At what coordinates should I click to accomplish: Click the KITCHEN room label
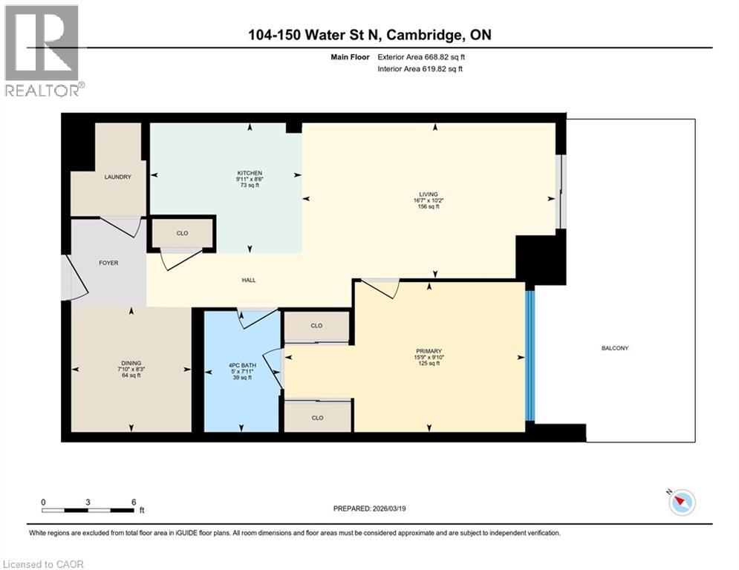point(250,173)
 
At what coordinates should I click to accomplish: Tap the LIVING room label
point(428,194)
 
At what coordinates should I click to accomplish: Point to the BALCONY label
point(616,347)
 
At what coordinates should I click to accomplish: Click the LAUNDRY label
point(117,177)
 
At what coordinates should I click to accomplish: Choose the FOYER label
point(108,263)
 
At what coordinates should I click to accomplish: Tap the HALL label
point(249,280)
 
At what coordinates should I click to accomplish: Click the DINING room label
point(131,362)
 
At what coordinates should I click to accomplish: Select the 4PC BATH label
point(241,364)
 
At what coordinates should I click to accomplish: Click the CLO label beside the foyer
point(182,233)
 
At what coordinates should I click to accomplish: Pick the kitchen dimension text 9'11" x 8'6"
point(250,180)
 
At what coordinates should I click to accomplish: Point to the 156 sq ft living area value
point(428,207)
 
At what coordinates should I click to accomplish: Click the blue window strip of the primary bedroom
point(530,356)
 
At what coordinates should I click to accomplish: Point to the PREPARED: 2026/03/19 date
point(370,508)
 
